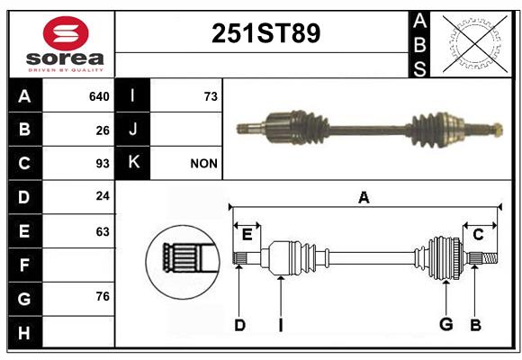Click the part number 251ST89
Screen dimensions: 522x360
[x=265, y=33]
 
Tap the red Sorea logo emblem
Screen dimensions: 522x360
[x=66, y=33]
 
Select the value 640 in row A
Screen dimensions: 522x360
[x=99, y=96]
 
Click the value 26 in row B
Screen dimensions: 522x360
[x=103, y=130]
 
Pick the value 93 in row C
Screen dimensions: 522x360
[x=103, y=164]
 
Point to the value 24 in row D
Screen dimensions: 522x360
[x=103, y=196]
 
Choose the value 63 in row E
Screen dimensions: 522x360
[x=103, y=231]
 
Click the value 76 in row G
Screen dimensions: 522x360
[x=103, y=296]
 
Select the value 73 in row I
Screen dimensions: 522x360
[x=211, y=96]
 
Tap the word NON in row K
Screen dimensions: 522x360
[x=203, y=164]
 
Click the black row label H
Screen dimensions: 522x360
[x=25, y=332]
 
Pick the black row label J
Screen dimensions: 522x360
[x=132, y=130]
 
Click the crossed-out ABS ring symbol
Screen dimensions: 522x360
[x=475, y=43]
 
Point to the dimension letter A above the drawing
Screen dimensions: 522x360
[x=364, y=197]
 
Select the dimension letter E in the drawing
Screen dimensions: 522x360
[x=247, y=235]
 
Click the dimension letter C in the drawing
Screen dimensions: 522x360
[x=478, y=235]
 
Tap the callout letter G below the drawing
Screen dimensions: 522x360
[x=446, y=324]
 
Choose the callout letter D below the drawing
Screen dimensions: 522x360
[x=239, y=325]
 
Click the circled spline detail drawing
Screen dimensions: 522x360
[x=183, y=262]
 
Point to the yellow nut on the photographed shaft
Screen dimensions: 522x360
[x=497, y=130]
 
